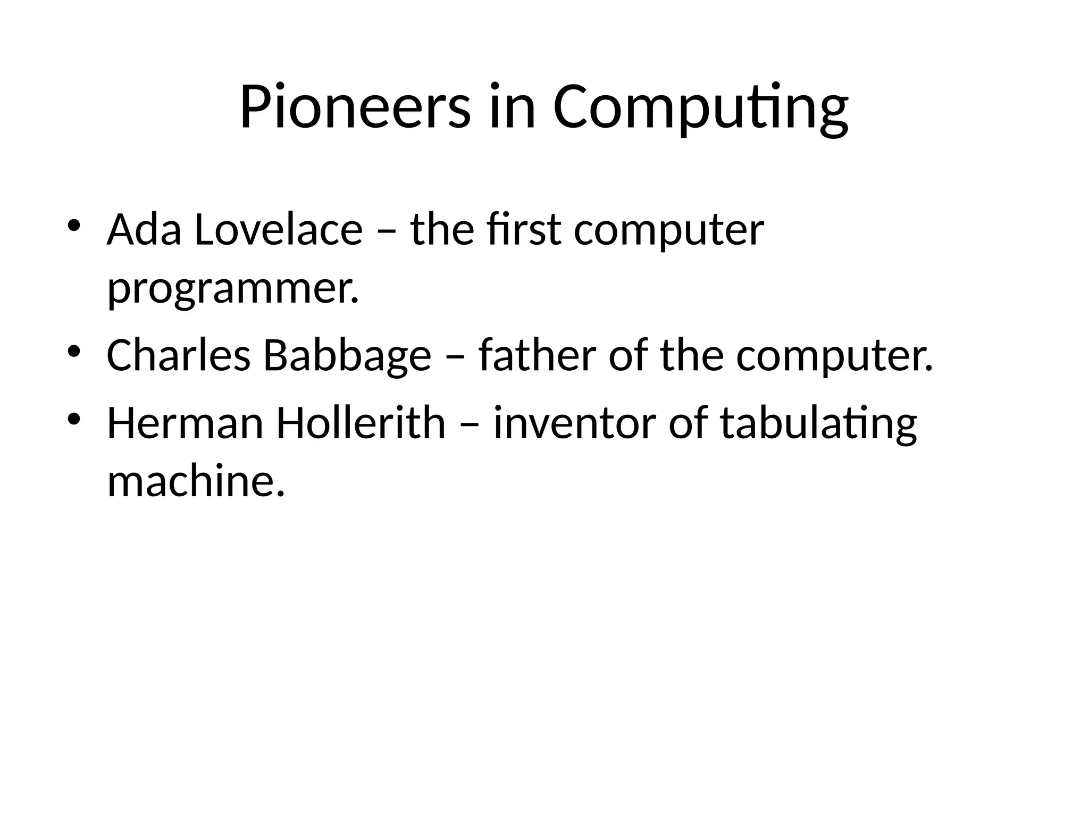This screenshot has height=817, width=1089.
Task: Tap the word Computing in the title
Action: [x=700, y=109]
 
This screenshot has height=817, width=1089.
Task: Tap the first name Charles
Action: [x=179, y=355]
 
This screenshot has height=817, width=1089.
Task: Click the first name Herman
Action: [x=185, y=423]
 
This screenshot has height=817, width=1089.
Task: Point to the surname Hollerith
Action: [x=361, y=423]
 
